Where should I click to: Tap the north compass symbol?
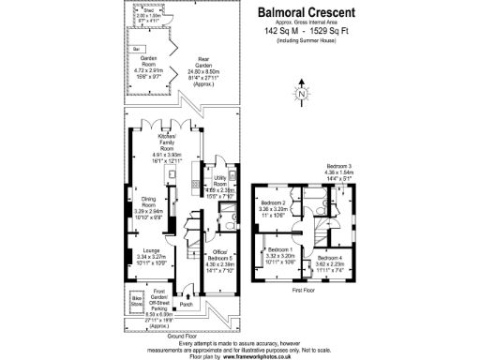pos(300,93)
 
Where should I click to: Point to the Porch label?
pos(186,303)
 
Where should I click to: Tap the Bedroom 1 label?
pos(279,250)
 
